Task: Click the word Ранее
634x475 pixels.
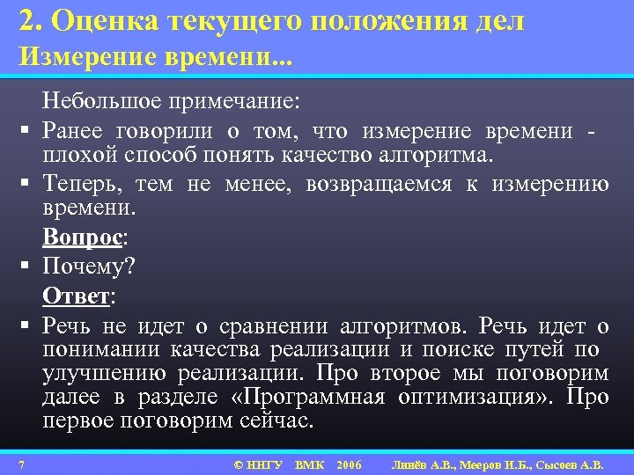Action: (x=71, y=131)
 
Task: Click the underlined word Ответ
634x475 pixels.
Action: (x=76, y=296)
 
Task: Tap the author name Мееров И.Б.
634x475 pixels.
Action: (x=483, y=464)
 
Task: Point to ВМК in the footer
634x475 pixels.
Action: (x=309, y=464)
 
